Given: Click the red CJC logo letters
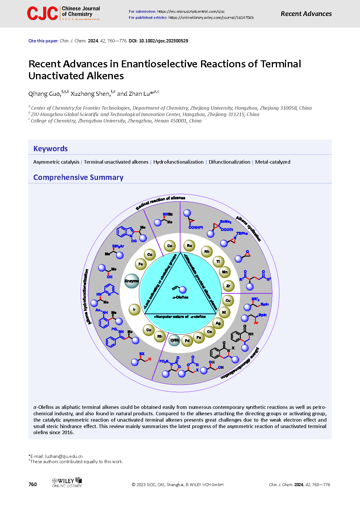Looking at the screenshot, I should coord(42,14).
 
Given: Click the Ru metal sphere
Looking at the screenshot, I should coord(189,246).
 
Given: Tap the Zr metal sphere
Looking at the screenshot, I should coord(228,286).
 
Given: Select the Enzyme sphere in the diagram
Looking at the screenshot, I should coord(132,281).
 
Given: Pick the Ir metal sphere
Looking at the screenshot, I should coord(134,309).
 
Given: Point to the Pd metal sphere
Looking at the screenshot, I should coord(187,341).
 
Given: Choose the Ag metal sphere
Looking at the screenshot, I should coord(218,323).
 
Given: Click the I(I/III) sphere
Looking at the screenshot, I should coord(175,340).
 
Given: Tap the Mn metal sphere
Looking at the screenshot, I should coord(225,272).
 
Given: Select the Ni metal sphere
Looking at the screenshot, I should coord(224,312).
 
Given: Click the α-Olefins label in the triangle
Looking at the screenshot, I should coord(180,297).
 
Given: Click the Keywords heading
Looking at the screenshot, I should coord(50,149).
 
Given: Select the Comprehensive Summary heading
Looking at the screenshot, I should coord(78,177).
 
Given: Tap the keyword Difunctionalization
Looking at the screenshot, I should coord(229,162).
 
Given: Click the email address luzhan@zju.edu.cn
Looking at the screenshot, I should coord(64,456).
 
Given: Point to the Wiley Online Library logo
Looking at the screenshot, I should coord(67,482).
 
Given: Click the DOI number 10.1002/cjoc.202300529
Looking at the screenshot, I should coord(164,41).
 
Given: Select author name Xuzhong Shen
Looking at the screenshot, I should coord(90,94).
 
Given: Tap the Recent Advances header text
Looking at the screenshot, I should coord(306,14).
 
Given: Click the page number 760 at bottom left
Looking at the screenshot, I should coord(33,484).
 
